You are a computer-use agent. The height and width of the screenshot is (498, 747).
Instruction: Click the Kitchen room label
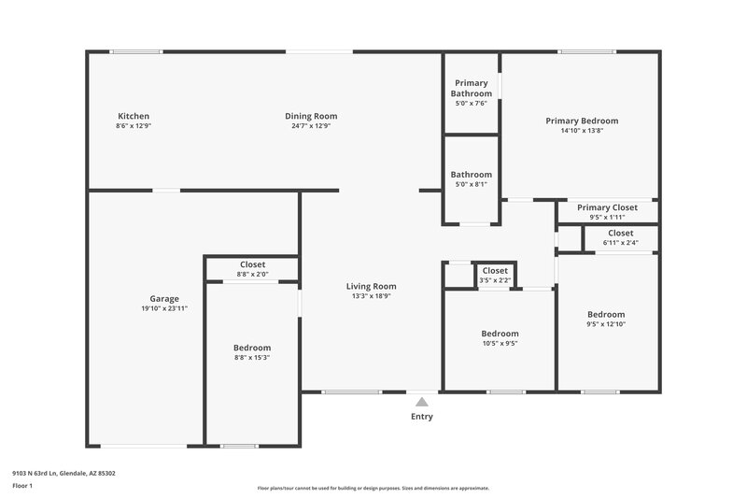[134, 117]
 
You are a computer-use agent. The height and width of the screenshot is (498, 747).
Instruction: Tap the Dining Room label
[311, 117]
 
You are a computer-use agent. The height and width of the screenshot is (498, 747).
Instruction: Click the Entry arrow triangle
[422, 402]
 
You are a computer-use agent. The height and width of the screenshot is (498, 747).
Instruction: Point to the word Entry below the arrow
[422, 417]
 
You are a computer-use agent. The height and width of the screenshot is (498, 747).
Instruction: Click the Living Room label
[372, 287]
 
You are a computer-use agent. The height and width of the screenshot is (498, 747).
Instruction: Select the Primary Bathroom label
[471, 89]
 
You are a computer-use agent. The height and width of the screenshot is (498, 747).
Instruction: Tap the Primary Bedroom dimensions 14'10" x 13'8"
[582, 131]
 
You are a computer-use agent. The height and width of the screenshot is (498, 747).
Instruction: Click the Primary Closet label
[607, 207]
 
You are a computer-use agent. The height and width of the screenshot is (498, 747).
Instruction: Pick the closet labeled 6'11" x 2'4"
[620, 237]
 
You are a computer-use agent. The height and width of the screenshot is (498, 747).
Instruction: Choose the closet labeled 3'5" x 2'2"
[495, 275]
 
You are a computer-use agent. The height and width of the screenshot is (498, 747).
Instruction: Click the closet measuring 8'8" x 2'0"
[252, 269]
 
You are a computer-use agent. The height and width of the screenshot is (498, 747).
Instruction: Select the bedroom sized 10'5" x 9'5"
[500, 337]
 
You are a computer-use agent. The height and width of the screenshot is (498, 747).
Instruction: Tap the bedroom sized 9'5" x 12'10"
[606, 319]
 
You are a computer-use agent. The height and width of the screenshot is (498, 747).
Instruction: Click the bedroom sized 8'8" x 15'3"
[252, 352]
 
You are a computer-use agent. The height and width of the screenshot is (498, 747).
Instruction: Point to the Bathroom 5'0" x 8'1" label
[471, 178]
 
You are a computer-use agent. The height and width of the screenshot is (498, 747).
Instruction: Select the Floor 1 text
[22, 486]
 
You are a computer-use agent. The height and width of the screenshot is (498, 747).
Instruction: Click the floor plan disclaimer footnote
[373, 488]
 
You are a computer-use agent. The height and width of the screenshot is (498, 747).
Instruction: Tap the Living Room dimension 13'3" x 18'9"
[372, 296]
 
